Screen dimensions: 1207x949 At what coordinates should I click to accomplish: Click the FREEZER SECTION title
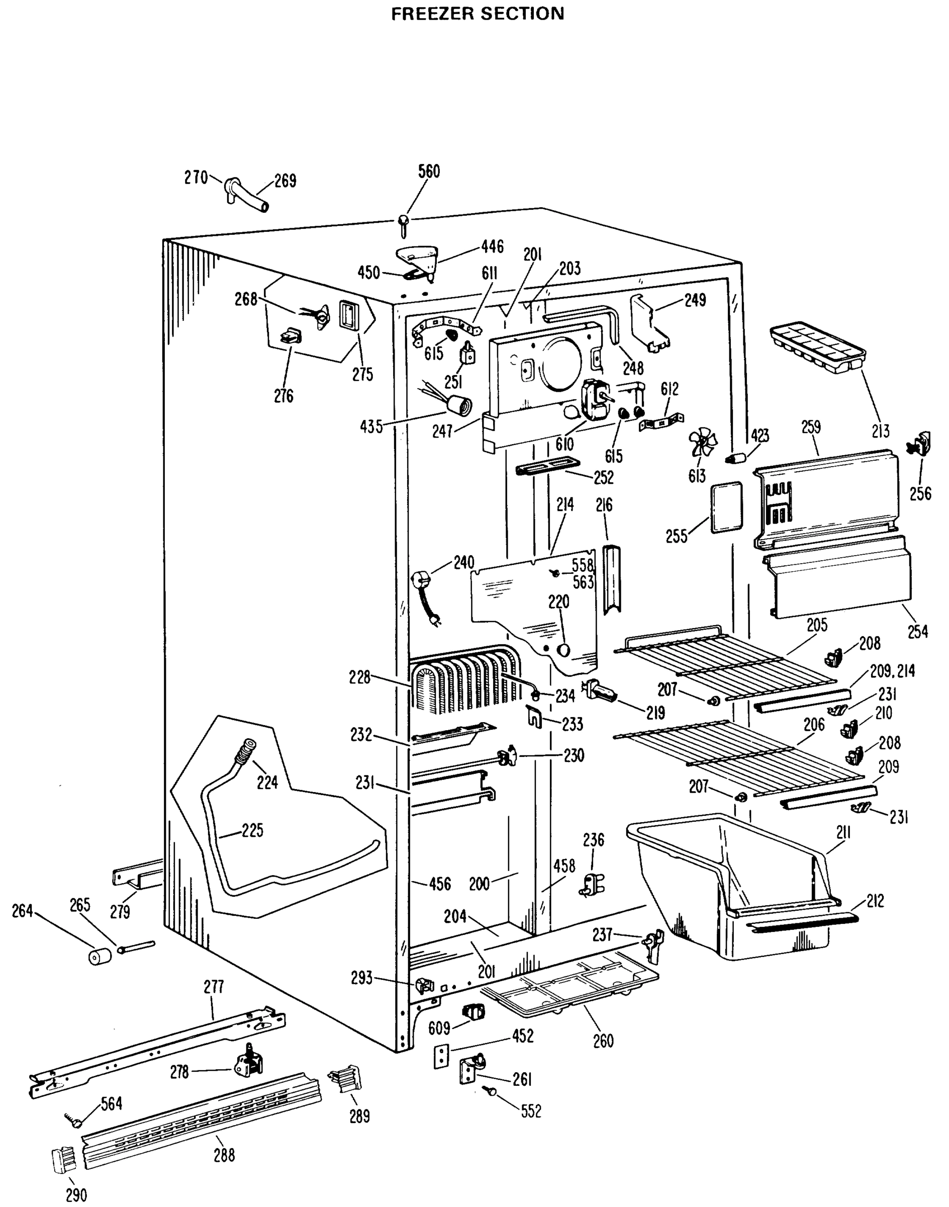(x=478, y=14)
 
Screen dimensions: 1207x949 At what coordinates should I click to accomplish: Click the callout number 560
(x=428, y=172)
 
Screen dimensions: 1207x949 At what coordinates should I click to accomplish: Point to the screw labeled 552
(x=491, y=1091)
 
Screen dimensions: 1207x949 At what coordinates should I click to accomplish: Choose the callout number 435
(x=370, y=426)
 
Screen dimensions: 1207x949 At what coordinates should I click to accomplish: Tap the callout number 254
(x=917, y=631)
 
